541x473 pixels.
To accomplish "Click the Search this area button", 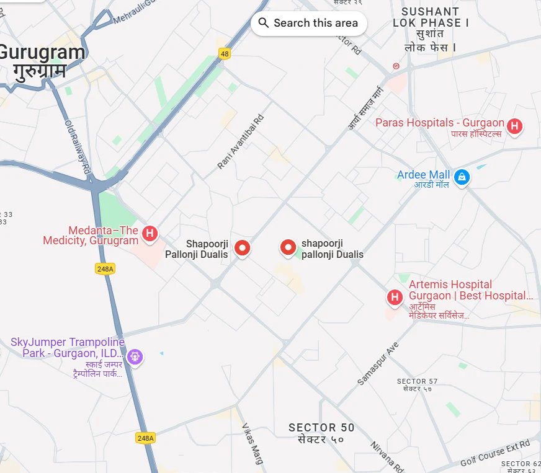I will coord(308,23).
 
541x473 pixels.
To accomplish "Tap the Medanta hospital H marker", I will coord(149,234).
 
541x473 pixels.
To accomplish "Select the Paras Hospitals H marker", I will coord(514,126).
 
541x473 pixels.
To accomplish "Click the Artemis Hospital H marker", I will coord(394,298).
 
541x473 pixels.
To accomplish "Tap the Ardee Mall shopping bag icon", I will coord(461,177).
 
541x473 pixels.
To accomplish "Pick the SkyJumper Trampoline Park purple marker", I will coord(135,356).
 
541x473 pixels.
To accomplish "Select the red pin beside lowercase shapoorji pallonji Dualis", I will coord(288,248).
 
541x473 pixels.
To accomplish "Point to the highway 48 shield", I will coord(225,54).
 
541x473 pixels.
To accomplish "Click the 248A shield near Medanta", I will coord(105,268).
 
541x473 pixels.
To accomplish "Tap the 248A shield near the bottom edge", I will coord(145,438).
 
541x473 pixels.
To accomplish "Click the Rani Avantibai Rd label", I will coord(241,142).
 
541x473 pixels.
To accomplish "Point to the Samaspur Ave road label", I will coord(377,364).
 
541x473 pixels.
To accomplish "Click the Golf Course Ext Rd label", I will coord(495,453).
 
